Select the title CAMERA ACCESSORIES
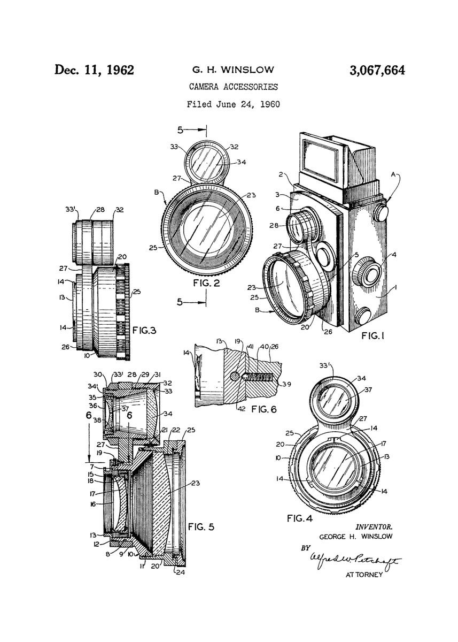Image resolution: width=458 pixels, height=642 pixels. (x=232, y=87)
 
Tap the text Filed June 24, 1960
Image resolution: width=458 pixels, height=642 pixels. (x=233, y=104)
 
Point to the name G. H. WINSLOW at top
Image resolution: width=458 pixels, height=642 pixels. (x=232, y=70)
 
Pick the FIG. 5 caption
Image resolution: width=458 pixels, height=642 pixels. (x=201, y=527)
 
